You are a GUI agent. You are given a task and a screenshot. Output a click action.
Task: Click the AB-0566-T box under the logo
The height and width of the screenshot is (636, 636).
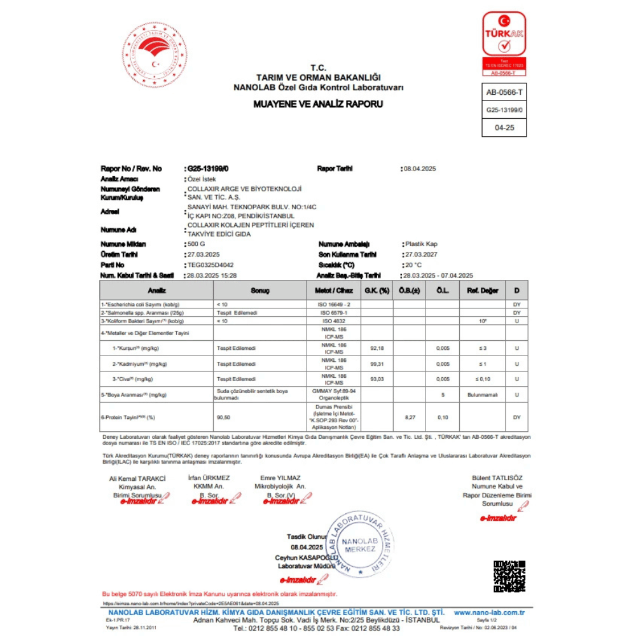504,93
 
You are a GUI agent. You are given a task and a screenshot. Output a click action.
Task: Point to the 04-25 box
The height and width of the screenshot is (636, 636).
504,127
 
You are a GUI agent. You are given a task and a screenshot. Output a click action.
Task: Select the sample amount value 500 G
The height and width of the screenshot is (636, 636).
197,244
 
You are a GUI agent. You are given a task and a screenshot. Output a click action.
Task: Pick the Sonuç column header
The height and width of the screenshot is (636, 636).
260,290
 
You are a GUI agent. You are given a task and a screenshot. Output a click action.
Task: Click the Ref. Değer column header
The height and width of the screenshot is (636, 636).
482,290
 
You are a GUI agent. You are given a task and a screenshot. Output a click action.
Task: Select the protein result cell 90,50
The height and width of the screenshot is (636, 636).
223,417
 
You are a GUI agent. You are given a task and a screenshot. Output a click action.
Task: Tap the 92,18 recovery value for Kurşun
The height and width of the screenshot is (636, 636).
377,349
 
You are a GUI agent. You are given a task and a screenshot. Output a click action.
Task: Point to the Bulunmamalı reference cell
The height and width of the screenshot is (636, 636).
482,395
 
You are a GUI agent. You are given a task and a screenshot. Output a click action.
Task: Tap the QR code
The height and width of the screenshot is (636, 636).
509,576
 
